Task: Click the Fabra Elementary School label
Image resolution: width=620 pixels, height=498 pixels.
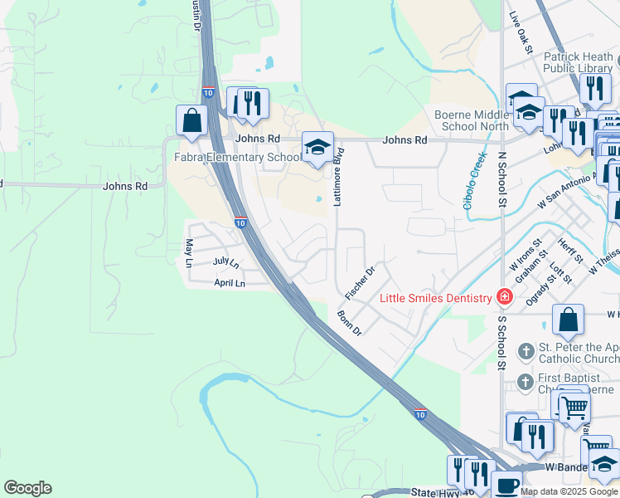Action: pos(237,158)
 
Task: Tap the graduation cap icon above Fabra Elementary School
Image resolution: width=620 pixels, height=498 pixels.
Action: pos(317,147)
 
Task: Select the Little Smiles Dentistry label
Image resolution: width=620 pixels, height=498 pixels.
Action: pos(435,298)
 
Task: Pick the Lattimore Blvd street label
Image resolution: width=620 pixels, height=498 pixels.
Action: pos(338,177)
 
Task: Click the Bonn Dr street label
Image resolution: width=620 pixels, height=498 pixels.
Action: pos(349,322)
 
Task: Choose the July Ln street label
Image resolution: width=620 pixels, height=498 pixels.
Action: pos(225,262)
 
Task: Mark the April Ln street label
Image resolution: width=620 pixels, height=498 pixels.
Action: pos(230,284)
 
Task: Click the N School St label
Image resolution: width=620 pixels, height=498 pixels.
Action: pos(501,179)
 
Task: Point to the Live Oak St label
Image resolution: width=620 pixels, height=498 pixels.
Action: pos(521,32)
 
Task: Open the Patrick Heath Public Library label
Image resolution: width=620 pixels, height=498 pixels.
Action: pos(579,63)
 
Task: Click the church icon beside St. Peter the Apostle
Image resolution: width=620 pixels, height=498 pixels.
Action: pos(526,352)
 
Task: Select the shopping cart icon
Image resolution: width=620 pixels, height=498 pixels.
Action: pos(573,407)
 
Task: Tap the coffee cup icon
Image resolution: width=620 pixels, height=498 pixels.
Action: pos(506,486)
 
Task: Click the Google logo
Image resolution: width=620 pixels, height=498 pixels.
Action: pos(28,488)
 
